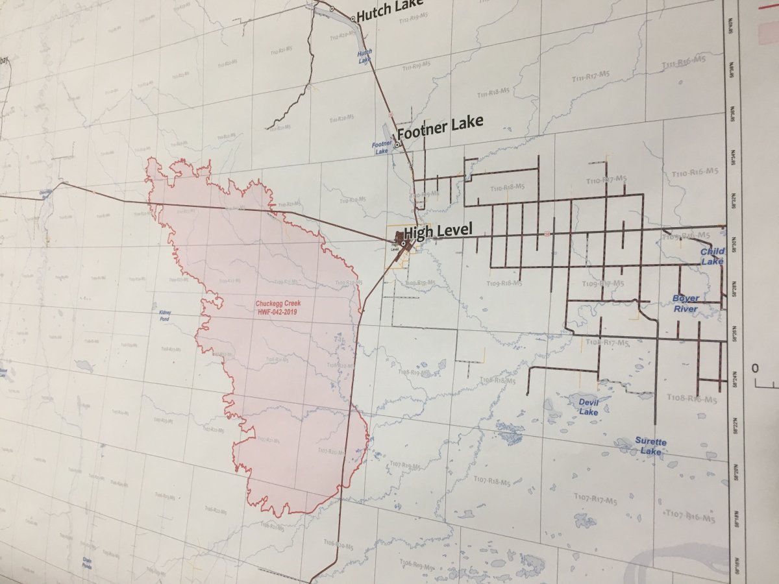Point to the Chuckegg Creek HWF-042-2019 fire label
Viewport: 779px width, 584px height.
click(x=280, y=308)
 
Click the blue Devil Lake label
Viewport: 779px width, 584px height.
click(x=588, y=407)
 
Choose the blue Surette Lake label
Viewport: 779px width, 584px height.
click(x=650, y=446)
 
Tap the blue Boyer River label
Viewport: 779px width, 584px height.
click(x=686, y=304)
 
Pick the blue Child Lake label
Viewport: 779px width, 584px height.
click(x=712, y=256)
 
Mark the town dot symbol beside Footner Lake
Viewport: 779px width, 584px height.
click(x=397, y=145)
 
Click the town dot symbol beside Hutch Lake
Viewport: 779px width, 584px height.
click(x=353, y=19)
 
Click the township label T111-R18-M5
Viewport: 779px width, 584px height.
click(x=493, y=92)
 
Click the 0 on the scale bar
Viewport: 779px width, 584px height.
click(x=755, y=369)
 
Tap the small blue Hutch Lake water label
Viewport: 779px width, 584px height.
click(x=364, y=56)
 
